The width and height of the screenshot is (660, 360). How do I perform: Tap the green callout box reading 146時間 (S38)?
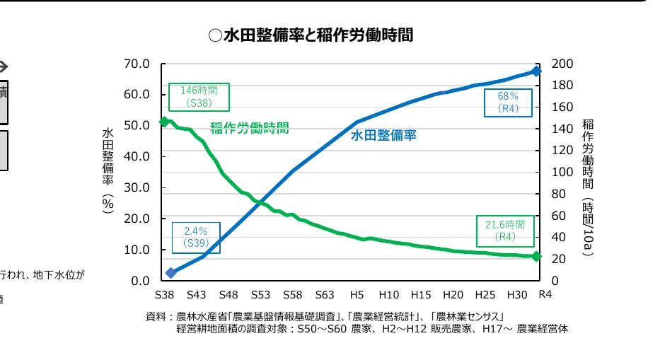click(x=199, y=97)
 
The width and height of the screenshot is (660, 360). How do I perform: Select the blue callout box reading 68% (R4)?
click(x=508, y=103)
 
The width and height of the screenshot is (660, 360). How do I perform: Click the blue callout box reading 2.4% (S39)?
click(x=195, y=237)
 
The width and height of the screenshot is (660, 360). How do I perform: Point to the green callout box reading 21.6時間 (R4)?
click(x=504, y=231)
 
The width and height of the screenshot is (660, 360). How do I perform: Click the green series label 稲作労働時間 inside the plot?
click(x=249, y=128)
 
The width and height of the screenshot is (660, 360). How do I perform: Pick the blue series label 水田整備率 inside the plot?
click(x=383, y=135)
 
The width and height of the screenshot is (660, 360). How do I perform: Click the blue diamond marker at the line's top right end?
click(x=536, y=71)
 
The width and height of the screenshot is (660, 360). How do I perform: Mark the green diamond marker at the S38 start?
click(x=164, y=122)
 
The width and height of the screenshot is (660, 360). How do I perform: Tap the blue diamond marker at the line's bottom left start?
click(x=170, y=272)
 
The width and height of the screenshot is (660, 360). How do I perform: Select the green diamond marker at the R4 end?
click(x=536, y=256)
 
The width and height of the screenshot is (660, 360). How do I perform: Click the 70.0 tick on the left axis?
click(x=136, y=64)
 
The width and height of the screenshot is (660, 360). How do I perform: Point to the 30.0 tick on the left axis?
click(x=136, y=187)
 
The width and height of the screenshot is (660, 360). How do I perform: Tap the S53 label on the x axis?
click(x=261, y=294)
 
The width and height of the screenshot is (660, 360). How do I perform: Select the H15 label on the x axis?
click(x=421, y=294)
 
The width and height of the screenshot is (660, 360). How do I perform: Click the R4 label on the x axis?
click(x=545, y=294)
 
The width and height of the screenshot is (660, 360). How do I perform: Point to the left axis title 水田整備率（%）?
click(x=108, y=170)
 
